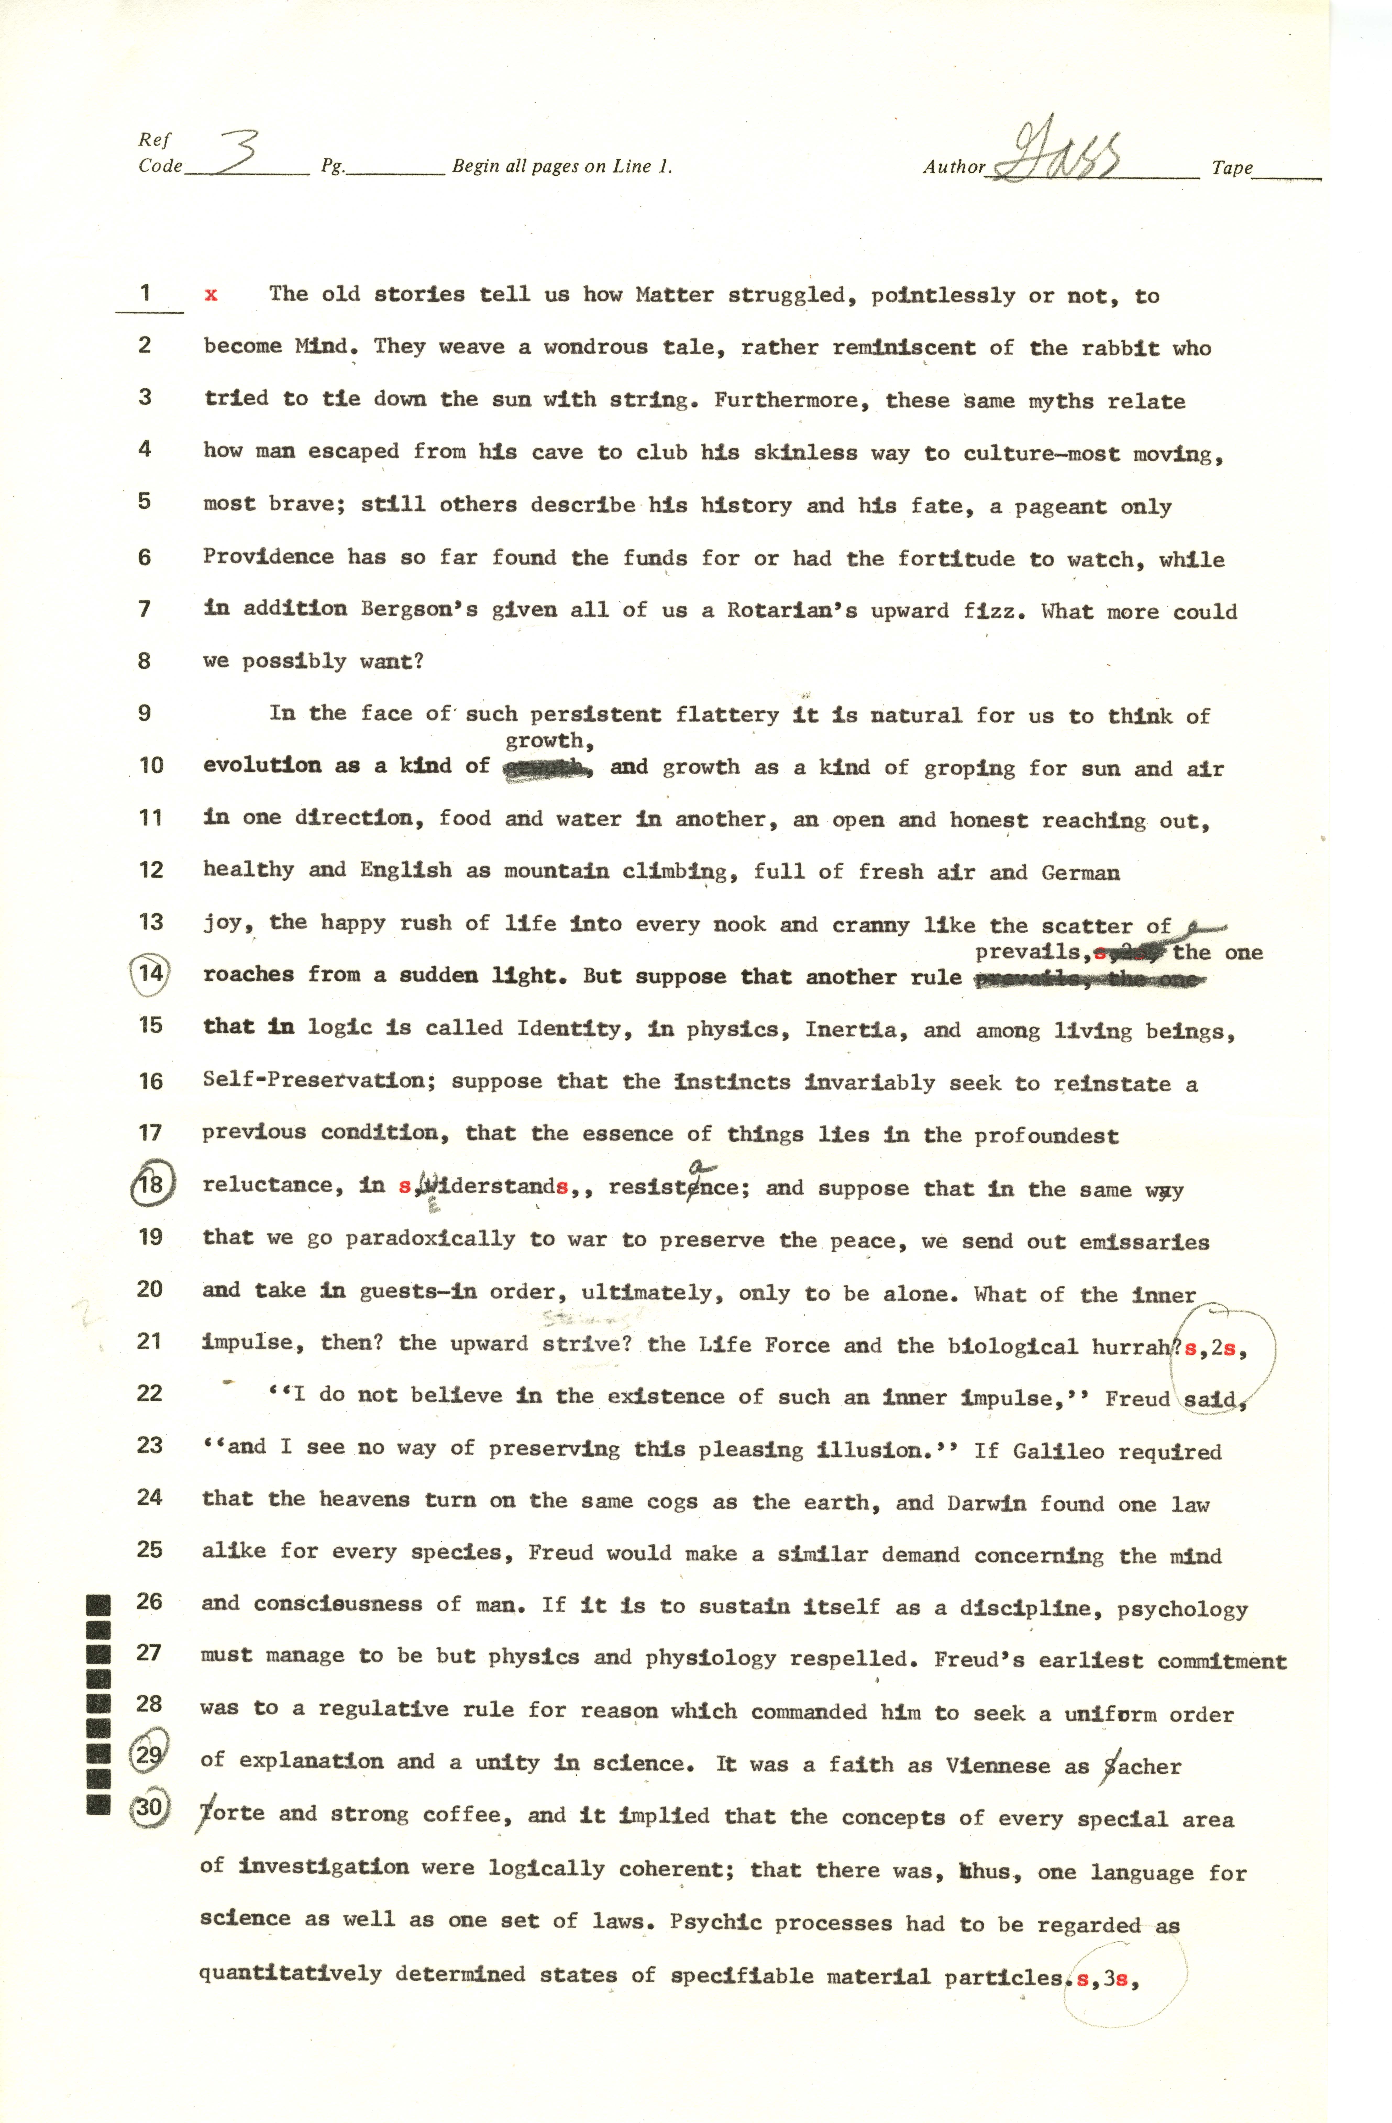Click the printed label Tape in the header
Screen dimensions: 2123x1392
click(1231, 168)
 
